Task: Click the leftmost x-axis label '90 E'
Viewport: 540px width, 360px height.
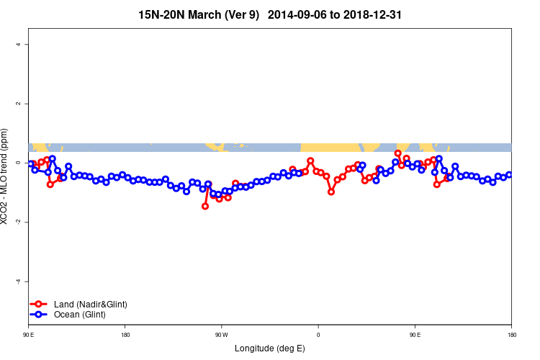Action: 29,335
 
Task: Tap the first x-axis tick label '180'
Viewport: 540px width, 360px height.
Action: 125,335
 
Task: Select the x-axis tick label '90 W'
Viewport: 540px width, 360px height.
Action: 221,335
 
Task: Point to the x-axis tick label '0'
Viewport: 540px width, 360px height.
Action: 318,335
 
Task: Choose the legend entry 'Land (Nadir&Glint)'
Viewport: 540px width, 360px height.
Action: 90,304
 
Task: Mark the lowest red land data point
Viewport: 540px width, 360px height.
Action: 205,206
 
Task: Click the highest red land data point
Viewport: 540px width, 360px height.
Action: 398,153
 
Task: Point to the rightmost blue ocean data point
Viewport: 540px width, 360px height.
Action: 509,175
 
